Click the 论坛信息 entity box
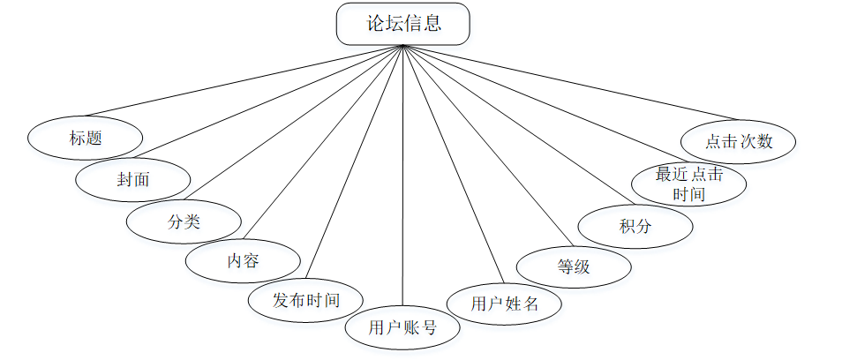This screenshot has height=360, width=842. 402,24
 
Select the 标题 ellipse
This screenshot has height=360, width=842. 86,138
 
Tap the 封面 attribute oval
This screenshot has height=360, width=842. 133,180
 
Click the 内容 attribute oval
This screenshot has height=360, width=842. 243,260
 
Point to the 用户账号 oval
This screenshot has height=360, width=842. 402,328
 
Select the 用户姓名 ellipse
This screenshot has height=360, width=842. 504,304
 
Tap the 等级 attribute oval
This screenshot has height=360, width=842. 574,266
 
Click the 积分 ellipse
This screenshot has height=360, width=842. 635,225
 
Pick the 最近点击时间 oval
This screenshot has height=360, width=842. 689,184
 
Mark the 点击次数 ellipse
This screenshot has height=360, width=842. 740,141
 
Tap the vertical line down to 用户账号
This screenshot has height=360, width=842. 402,176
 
